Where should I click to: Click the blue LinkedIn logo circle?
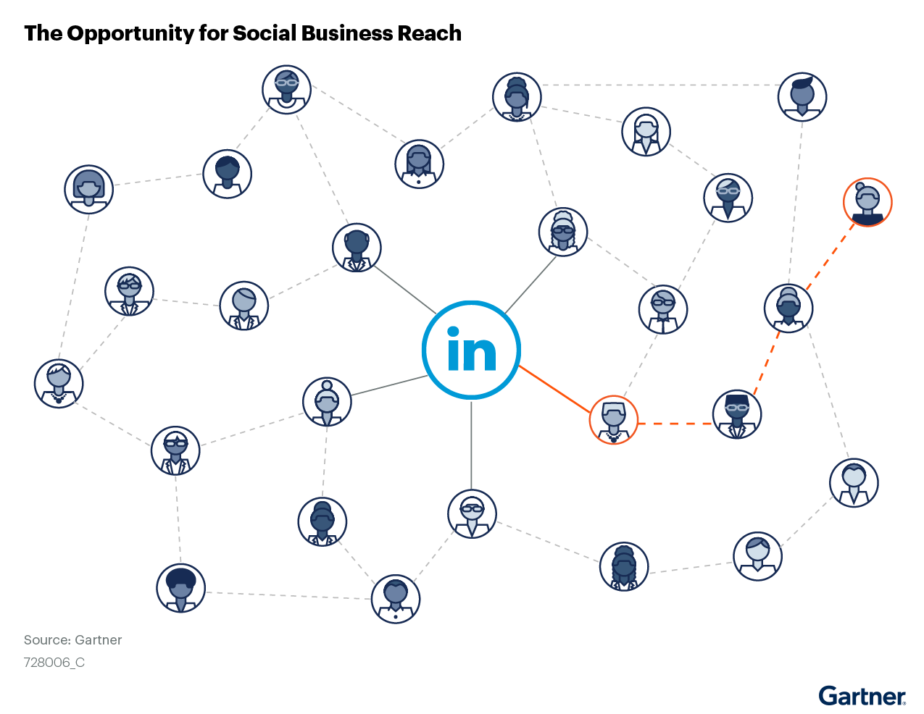(471, 349)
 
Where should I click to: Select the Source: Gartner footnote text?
(72, 640)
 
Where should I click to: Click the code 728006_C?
(54, 662)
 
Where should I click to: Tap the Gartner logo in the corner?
(862, 696)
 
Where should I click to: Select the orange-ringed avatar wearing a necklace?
(613, 420)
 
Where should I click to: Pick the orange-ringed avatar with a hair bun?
(867, 202)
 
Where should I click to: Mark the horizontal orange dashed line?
(675, 423)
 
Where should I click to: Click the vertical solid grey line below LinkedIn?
(471, 443)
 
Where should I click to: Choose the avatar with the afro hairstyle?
(180, 588)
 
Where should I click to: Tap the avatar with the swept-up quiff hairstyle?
(802, 96)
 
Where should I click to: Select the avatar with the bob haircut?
(88, 189)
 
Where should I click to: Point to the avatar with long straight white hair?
(646, 132)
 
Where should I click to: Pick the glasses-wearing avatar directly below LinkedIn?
(472, 514)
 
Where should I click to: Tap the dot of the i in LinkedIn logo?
(454, 332)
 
